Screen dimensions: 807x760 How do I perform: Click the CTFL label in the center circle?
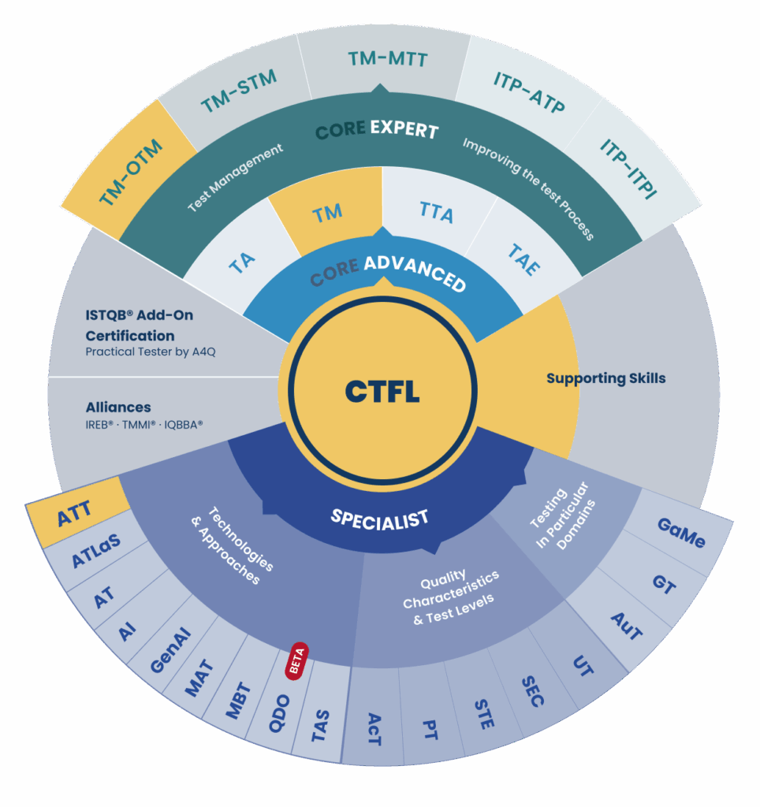[382, 391]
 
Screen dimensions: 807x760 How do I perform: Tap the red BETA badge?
[296, 662]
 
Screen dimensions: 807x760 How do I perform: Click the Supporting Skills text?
[605, 378]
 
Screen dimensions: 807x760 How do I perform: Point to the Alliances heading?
[118, 407]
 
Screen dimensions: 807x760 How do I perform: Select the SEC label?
[533, 690]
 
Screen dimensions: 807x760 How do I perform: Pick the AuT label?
[628, 627]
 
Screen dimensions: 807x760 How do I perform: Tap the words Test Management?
[235, 178]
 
